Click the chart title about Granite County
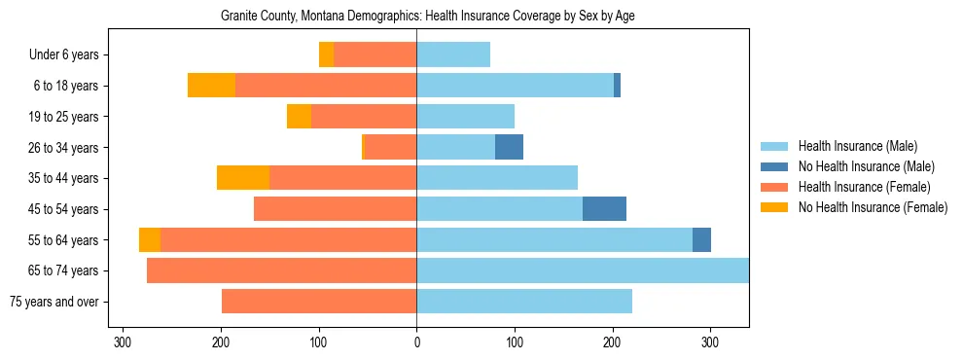tap(428, 17)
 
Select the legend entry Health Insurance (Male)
tap(857, 146)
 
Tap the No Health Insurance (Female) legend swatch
tap(775, 207)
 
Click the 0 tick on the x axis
tap(416, 342)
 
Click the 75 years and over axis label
tap(54, 302)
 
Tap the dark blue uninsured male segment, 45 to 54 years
tap(604, 209)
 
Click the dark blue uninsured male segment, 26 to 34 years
tap(509, 148)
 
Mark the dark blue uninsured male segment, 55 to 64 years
tap(701, 240)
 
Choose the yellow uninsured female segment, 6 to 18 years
tap(211, 86)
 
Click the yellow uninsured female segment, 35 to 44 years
tap(243, 178)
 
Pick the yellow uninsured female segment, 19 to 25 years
tap(299, 117)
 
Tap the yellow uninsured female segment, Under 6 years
tap(326, 55)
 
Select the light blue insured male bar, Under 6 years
tap(453, 55)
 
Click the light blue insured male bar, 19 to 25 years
tap(465, 117)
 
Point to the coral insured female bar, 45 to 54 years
tap(336, 209)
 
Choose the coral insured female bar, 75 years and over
tap(319, 302)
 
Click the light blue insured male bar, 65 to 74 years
tap(582, 270)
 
